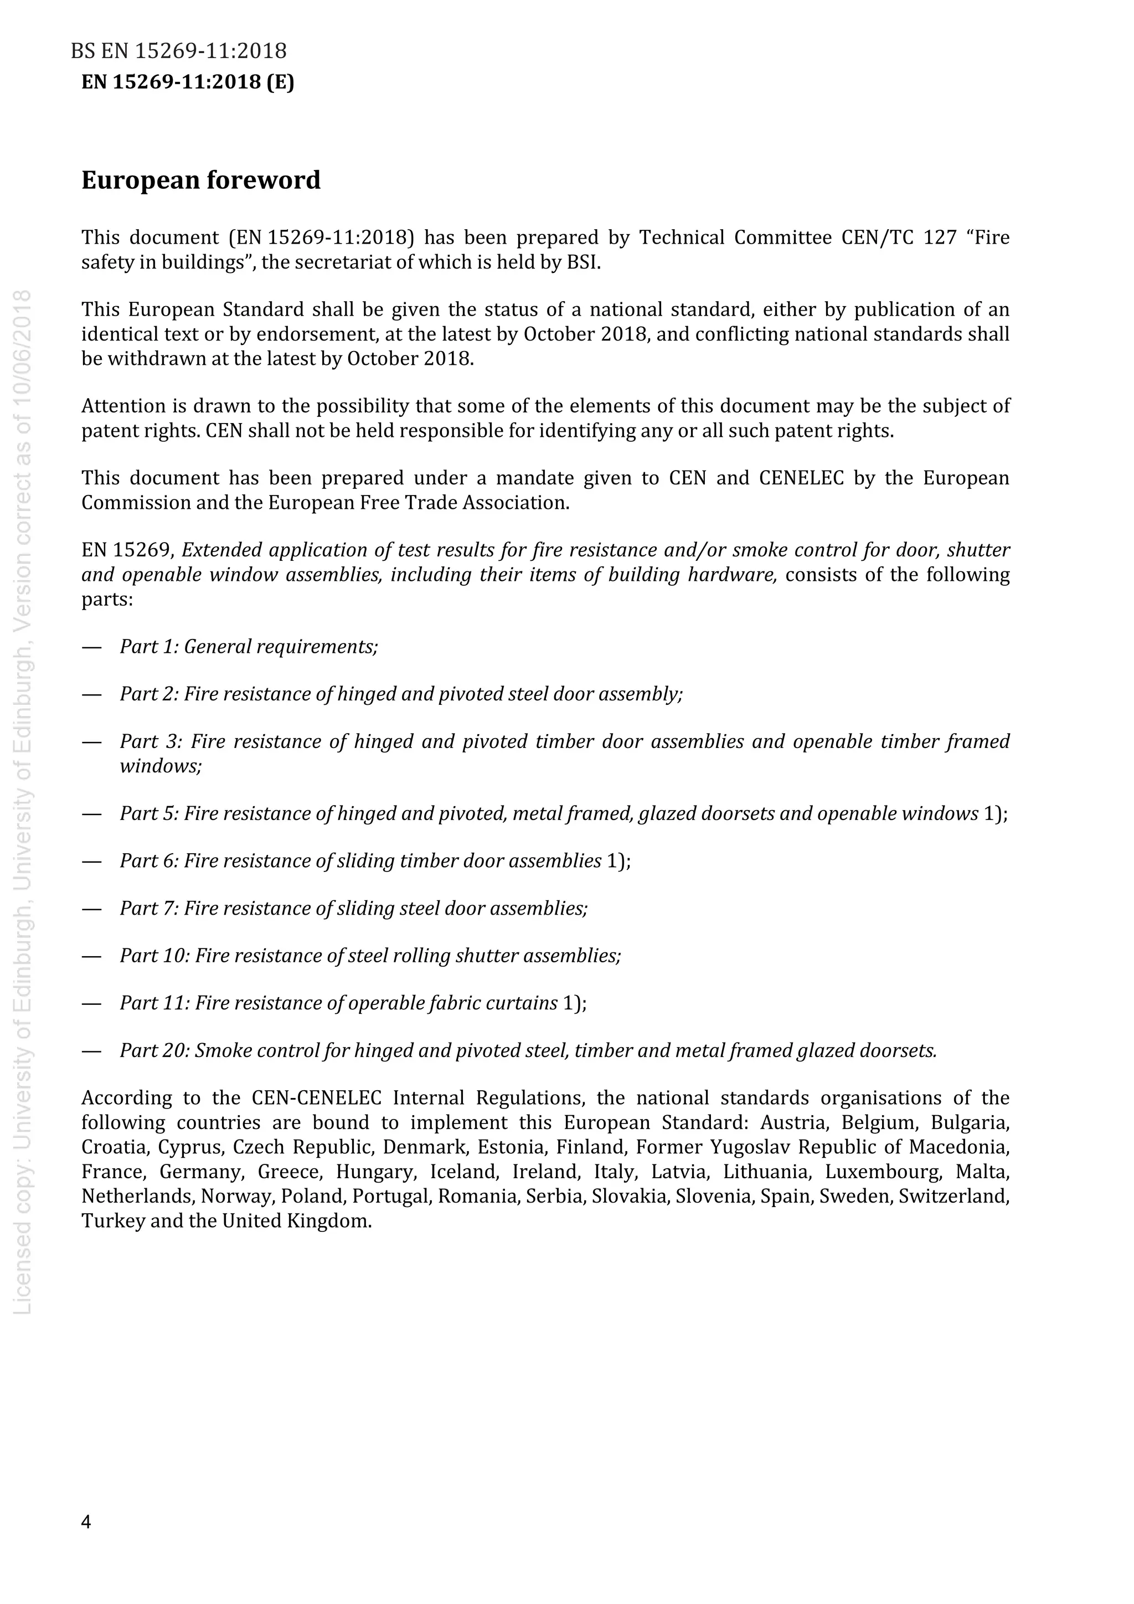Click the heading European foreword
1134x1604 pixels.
(200, 180)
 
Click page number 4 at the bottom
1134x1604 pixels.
(86, 1522)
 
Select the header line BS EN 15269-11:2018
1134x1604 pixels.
(179, 51)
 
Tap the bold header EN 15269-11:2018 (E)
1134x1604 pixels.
(188, 82)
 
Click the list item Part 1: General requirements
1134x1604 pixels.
(249, 646)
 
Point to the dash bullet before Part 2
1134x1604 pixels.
(91, 694)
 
